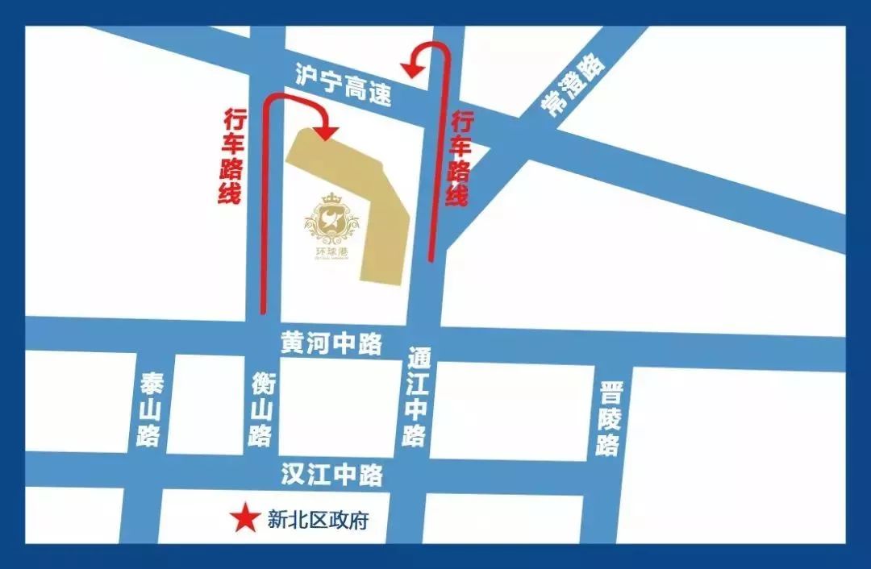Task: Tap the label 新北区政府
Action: pyautogui.click(x=318, y=521)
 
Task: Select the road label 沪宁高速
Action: pyautogui.click(x=344, y=85)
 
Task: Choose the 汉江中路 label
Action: pyautogui.click(x=331, y=475)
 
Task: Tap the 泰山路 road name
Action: pyautogui.click(x=151, y=410)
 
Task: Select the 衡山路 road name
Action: pyautogui.click(x=260, y=410)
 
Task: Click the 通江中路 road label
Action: pyautogui.click(x=415, y=397)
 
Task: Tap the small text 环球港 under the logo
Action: pyautogui.click(x=331, y=251)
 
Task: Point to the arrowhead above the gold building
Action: pyautogui.click(x=326, y=131)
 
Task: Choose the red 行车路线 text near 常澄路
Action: pyautogui.click(x=461, y=158)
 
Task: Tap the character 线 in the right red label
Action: pyautogui.click(x=460, y=196)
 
